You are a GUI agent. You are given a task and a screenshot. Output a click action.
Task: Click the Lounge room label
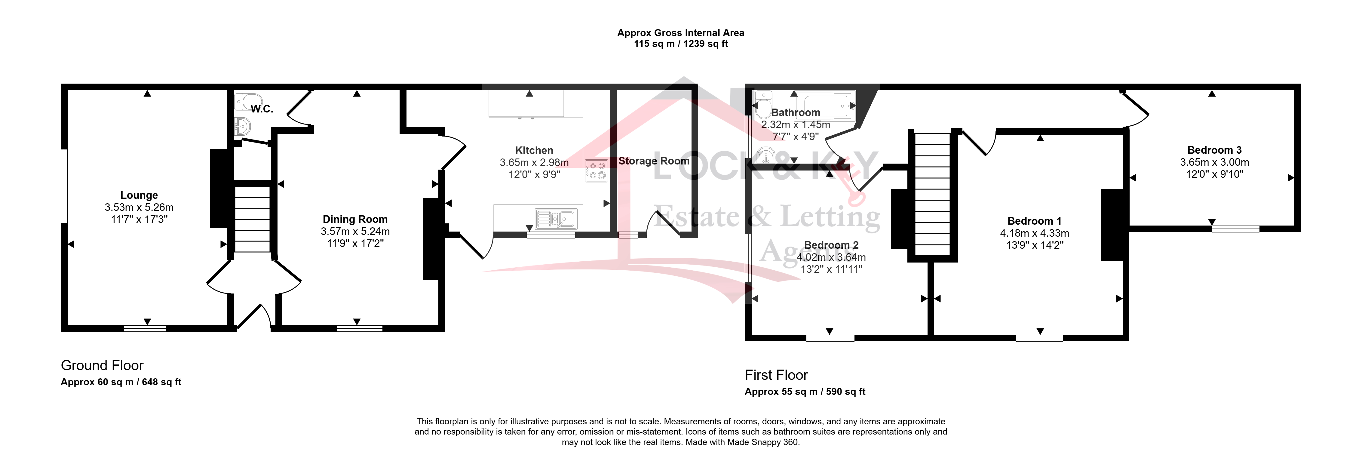139,195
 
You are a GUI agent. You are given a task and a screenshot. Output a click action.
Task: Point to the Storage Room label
654,161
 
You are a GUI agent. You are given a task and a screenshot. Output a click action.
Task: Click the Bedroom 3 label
1214,150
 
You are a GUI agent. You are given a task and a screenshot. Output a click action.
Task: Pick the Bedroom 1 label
1034,221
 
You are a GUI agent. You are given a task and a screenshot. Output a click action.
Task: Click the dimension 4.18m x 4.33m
1034,233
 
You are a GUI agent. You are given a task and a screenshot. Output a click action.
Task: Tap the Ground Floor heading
102,365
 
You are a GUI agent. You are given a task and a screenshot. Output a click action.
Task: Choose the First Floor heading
776,375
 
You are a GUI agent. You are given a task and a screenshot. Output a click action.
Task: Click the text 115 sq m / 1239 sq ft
681,44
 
